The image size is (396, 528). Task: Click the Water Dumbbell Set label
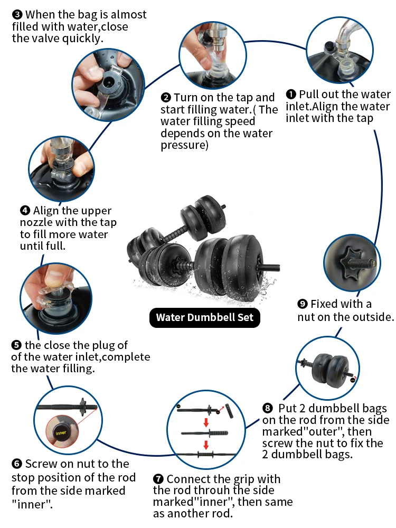[x=204, y=318]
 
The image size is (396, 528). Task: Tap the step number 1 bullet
[x=291, y=95]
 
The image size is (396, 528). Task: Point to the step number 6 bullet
[x=16, y=464]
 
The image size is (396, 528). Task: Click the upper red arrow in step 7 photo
[x=206, y=423]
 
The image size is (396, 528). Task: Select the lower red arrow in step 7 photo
[x=206, y=444]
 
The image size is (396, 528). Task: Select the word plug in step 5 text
[x=94, y=345]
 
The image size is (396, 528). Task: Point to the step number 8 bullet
[x=268, y=409]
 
